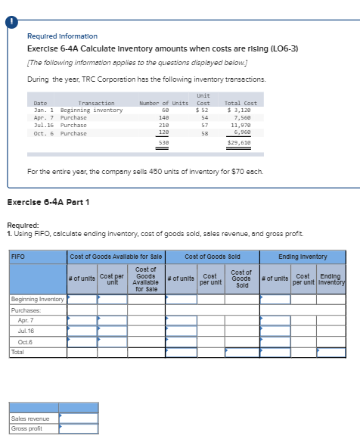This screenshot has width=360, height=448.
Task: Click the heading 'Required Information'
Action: tap(62, 36)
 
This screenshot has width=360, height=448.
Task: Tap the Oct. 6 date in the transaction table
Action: tap(41, 133)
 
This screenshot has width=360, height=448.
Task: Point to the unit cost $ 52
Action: tap(203, 110)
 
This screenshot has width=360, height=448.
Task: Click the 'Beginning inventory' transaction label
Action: tap(91, 110)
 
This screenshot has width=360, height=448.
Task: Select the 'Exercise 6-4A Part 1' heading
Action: tap(48, 201)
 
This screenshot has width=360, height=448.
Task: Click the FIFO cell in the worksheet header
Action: tap(17, 256)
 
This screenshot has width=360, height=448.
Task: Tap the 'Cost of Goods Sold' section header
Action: tap(213, 256)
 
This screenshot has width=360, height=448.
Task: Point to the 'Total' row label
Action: tap(17, 352)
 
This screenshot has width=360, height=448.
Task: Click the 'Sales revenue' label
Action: tap(30, 418)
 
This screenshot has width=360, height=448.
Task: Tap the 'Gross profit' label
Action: tap(27, 428)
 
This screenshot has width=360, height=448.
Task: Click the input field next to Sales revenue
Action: tap(79, 418)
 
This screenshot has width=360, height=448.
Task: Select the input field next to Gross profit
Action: tap(79, 428)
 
